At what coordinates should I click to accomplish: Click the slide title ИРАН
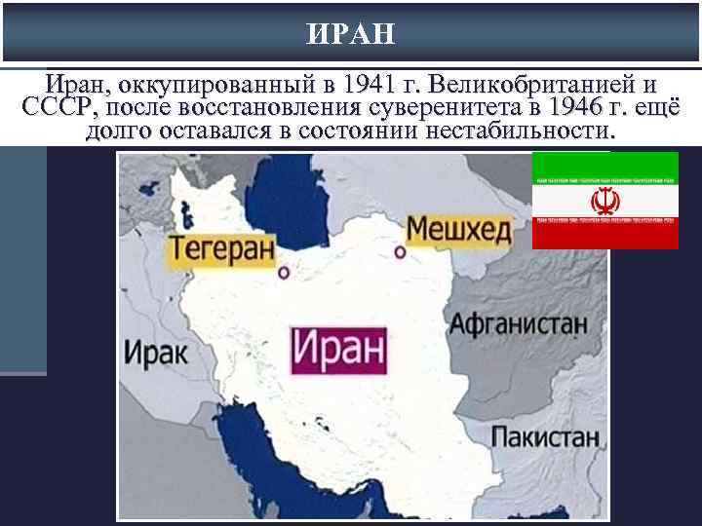coord(351,34)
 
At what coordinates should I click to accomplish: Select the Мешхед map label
coord(457,230)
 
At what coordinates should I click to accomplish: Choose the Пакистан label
coord(545,436)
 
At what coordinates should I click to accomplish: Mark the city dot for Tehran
coord(284,273)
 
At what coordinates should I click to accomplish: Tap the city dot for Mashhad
coord(400,252)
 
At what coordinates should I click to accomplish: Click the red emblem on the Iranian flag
coord(604,202)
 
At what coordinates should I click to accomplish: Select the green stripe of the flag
coord(604,166)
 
